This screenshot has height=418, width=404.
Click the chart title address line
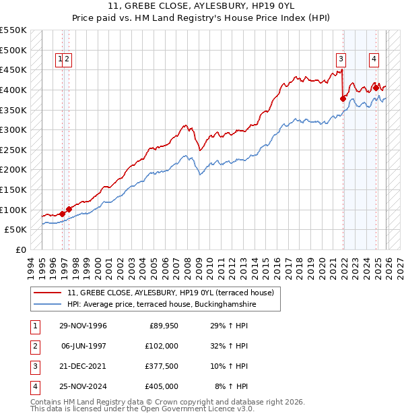point(202,7)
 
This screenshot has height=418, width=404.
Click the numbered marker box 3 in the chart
point(341,59)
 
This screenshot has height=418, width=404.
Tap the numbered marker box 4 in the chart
point(373,59)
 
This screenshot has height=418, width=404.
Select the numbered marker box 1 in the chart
point(61,59)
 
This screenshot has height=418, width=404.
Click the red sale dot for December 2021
point(343,98)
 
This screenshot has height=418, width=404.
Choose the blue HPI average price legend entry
point(162,305)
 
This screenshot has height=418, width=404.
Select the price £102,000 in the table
point(162,346)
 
